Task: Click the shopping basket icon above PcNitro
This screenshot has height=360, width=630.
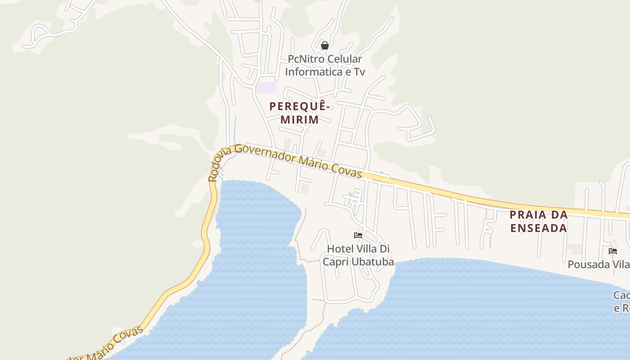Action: tap(324, 45)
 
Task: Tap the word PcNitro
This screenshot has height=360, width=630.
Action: tap(304, 59)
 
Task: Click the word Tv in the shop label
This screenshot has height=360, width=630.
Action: tap(359, 72)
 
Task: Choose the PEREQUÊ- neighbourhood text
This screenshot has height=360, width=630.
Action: tap(300, 107)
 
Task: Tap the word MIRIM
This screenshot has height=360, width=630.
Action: tap(300, 120)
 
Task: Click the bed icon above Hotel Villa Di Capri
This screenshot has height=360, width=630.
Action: tap(358, 235)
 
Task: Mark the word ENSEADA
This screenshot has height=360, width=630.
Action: tap(538, 228)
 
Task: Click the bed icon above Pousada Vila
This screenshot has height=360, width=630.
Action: tap(612, 251)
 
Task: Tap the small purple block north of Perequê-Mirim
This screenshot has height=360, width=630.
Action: tap(267, 87)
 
